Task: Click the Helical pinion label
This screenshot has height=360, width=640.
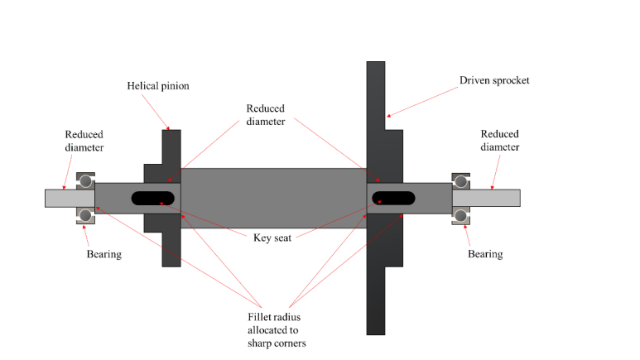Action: pyautogui.click(x=158, y=85)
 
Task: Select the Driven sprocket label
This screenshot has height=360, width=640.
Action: pyautogui.click(x=495, y=80)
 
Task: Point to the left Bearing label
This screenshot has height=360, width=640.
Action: pyautogui.click(x=103, y=254)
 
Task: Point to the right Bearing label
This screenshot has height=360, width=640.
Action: pyautogui.click(x=484, y=254)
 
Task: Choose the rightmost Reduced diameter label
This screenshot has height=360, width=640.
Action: pyautogui.click(x=499, y=141)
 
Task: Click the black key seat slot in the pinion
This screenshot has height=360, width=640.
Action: pyautogui.click(x=152, y=198)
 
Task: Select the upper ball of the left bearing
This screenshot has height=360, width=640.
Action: pyautogui.click(x=84, y=180)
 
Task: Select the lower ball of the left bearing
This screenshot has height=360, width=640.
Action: pyautogui.click(x=84, y=215)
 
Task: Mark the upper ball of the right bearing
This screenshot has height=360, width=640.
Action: pyautogui.click(x=461, y=180)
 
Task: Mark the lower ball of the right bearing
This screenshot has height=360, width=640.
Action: pyautogui.click(x=461, y=215)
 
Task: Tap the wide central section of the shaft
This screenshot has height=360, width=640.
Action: pyautogui.click(x=273, y=198)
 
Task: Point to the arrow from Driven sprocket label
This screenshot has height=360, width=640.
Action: pyautogui.click(x=422, y=99)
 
